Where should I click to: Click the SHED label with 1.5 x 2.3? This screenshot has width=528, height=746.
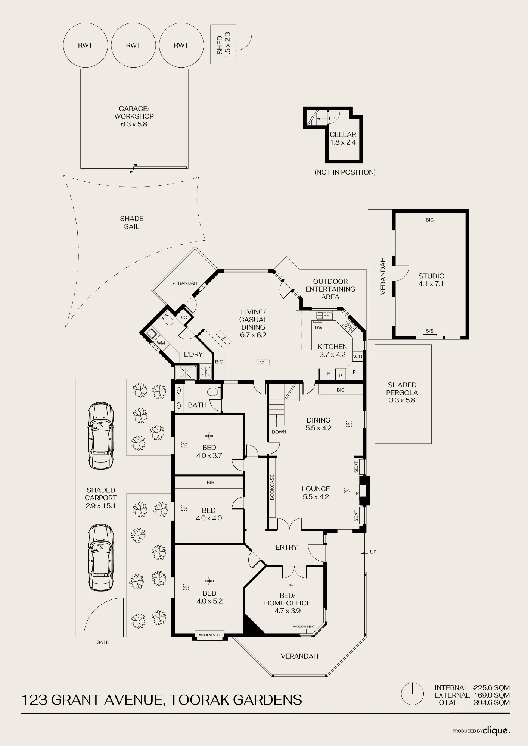[223, 44]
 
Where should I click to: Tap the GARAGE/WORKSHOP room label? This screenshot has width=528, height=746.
[134, 116]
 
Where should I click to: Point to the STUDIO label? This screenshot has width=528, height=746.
[431, 280]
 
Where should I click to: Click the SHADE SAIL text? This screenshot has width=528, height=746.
[132, 222]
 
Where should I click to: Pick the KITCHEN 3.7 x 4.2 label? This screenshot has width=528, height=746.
[332, 351]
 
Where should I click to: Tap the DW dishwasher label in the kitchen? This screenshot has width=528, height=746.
[318, 328]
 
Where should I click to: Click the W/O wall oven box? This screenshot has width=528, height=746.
[357, 357]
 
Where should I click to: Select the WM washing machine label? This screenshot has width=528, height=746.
[161, 343]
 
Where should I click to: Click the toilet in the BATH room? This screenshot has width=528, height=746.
[214, 392]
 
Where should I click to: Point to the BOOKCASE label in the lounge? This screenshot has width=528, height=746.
[272, 487]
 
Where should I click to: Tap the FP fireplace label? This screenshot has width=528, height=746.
[356, 493]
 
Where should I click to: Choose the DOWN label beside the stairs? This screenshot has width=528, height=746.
[279, 432]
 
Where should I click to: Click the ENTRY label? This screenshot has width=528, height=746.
[286, 548]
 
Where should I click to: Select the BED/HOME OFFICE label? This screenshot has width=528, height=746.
[288, 603]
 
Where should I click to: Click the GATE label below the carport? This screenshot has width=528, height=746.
[103, 642]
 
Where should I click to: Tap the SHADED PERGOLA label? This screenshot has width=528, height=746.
[402, 392]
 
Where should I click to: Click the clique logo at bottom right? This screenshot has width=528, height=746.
[496, 731]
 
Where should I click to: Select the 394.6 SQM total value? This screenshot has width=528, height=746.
[491, 703]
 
